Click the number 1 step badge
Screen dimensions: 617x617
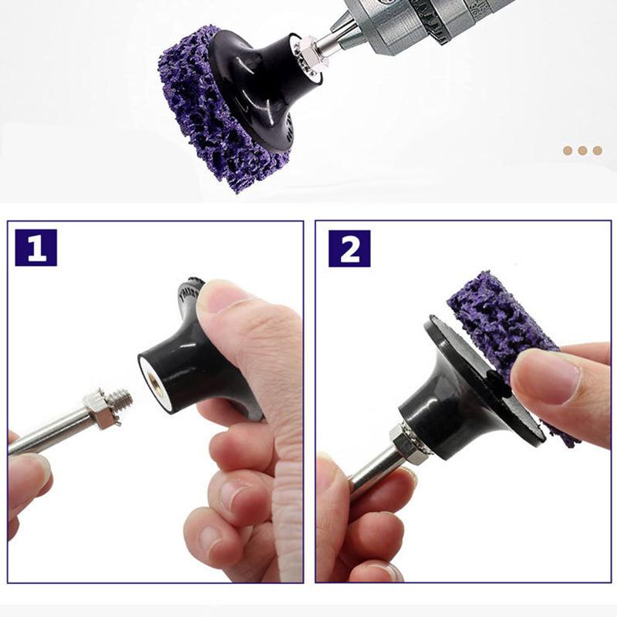tap(35, 248)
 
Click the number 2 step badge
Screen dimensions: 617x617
tap(349, 248)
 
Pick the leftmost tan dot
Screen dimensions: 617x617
tap(568, 150)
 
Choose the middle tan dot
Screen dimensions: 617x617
tap(582, 150)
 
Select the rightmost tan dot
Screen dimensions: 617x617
tap(597, 150)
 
